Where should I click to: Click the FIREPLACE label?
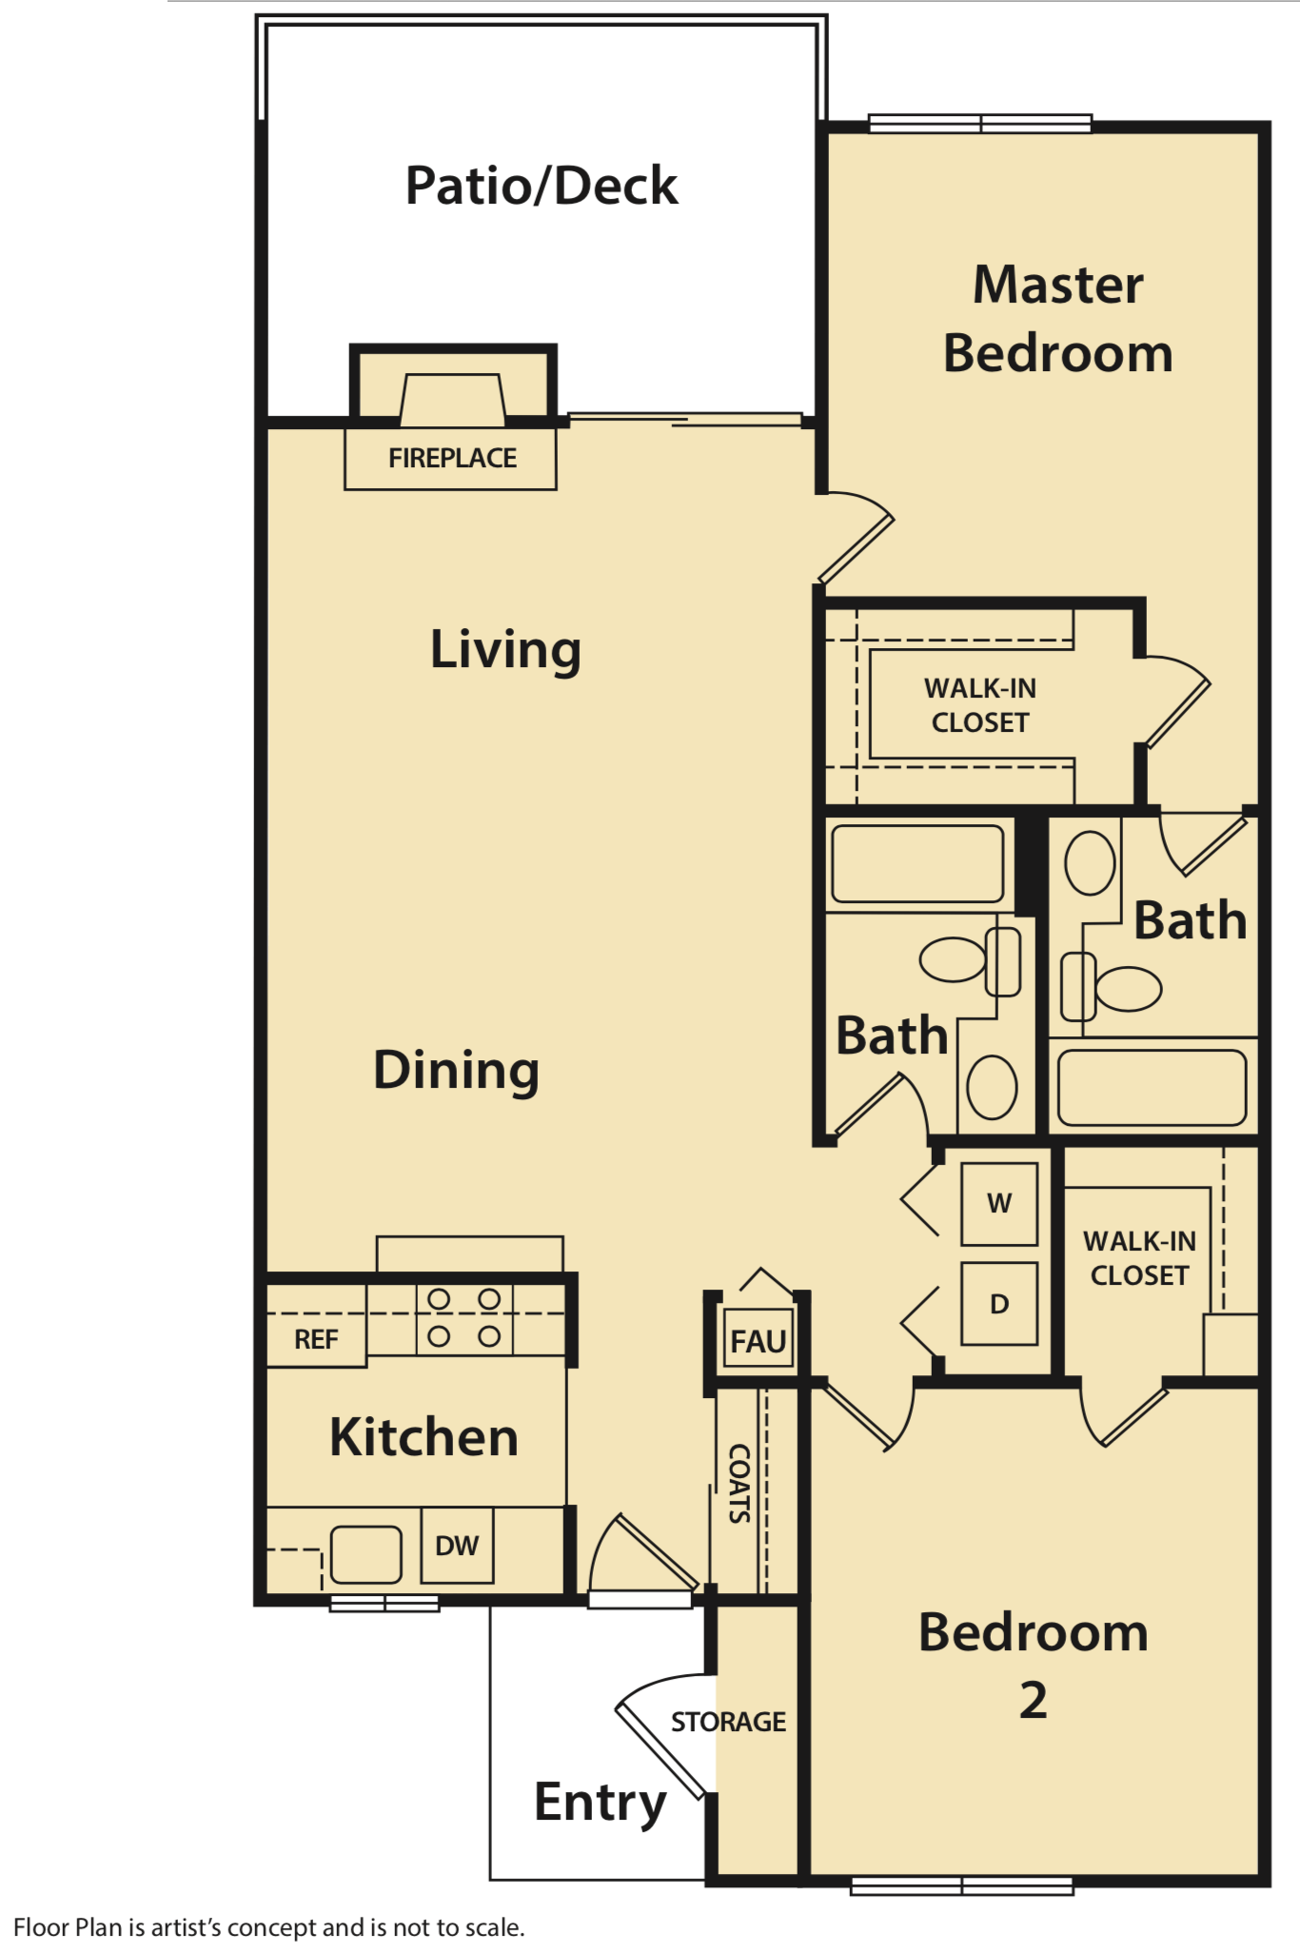point(452,459)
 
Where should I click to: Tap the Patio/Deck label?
point(541,186)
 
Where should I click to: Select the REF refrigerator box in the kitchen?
point(316,1338)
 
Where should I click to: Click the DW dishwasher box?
point(457,1546)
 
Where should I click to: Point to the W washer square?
point(998,1204)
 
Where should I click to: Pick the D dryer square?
point(998,1304)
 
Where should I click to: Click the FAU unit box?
point(758,1341)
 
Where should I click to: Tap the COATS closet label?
point(739,1484)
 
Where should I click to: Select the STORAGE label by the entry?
point(728,1722)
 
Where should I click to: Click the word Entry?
point(600,1802)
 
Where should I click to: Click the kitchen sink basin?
point(365,1554)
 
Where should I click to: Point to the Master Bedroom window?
point(979,124)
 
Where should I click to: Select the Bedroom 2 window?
point(961,1885)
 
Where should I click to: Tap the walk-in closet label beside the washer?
point(1139,1258)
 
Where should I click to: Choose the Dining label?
point(456,1071)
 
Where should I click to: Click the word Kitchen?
point(423,1437)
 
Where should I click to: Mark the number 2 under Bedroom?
point(1033,1700)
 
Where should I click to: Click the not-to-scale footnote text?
point(269,1927)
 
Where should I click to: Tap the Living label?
point(505,650)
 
